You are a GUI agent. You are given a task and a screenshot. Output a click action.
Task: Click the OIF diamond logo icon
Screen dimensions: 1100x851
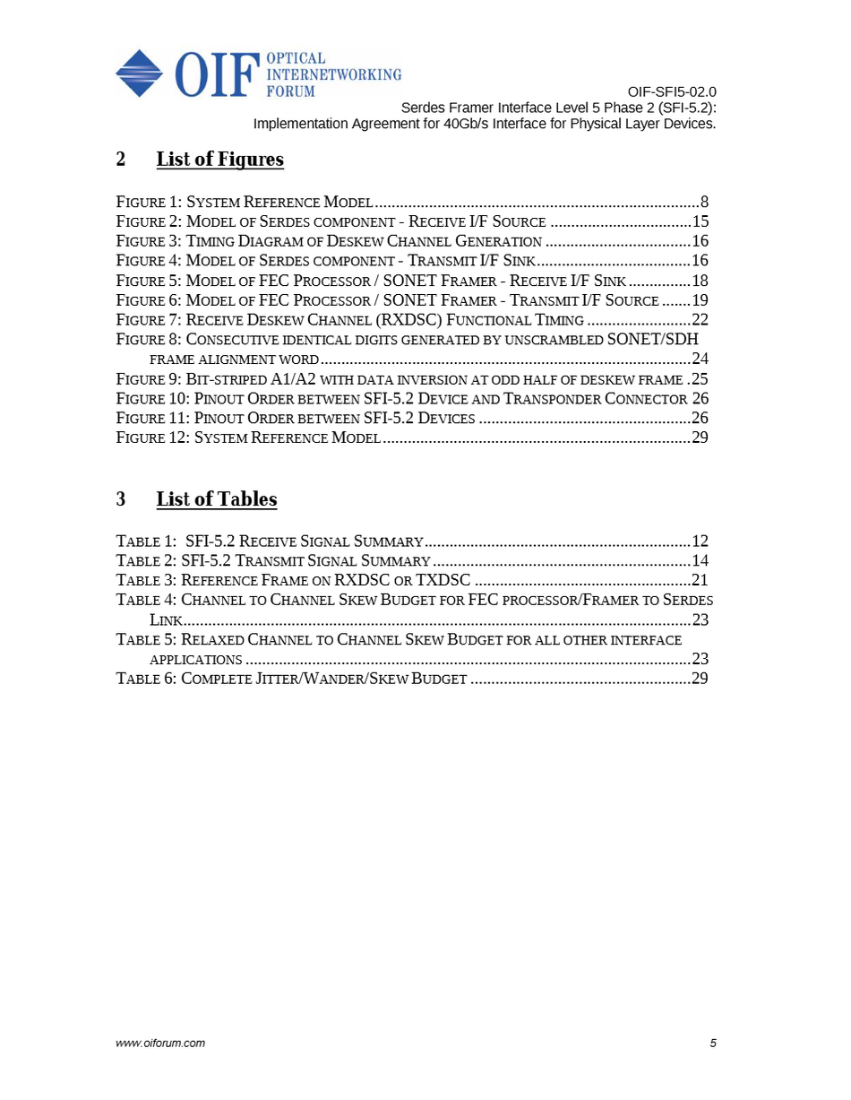(139, 73)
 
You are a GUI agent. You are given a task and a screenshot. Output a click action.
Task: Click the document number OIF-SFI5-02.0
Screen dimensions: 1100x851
(671, 91)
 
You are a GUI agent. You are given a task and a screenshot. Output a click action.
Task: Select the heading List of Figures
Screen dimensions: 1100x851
(219, 160)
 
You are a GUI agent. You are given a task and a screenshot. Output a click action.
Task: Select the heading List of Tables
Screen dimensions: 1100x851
(216, 499)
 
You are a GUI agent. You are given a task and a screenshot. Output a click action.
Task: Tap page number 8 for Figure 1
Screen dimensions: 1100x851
(704, 202)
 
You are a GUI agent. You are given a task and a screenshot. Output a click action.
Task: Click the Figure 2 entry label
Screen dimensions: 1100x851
(148, 221)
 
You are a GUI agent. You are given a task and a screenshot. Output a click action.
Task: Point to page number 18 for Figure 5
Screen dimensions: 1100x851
(700, 281)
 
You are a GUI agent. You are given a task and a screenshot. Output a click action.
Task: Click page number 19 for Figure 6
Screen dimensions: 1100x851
(700, 300)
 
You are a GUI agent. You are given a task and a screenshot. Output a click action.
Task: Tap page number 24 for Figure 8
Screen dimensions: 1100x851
(700, 359)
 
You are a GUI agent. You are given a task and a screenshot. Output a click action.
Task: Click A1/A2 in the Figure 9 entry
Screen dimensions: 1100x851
(295, 379)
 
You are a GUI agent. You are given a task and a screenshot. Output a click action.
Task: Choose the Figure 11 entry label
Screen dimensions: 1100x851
(152, 419)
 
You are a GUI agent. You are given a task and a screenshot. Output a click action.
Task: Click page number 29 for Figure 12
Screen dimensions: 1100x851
(700, 438)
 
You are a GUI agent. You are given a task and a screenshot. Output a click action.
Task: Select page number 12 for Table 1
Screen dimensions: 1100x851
(700, 541)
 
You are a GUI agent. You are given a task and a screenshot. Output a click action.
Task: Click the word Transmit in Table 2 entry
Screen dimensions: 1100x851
(271, 561)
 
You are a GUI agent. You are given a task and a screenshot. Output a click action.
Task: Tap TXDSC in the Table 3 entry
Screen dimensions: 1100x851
(443, 581)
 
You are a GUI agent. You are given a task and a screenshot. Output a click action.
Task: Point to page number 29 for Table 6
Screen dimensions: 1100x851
(700, 679)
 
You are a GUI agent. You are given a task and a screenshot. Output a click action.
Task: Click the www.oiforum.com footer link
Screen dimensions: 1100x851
(161, 1043)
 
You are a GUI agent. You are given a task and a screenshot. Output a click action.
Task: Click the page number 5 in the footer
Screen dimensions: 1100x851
(713, 1043)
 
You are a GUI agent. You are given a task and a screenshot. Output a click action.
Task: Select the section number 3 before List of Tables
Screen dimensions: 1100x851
(121, 499)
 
